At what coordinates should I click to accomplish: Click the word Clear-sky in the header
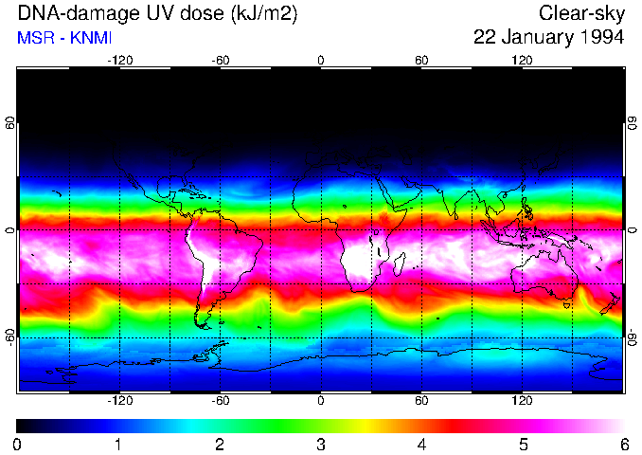tap(581, 13)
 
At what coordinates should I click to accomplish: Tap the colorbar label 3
tap(320, 444)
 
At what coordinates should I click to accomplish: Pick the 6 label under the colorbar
tap(623, 444)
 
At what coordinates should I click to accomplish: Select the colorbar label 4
tap(421, 444)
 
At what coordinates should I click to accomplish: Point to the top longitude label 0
tap(321, 60)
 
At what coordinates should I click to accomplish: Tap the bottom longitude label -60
tap(220, 400)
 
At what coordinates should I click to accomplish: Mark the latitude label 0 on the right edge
tap(632, 230)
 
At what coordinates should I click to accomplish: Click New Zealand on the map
tap(611, 302)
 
